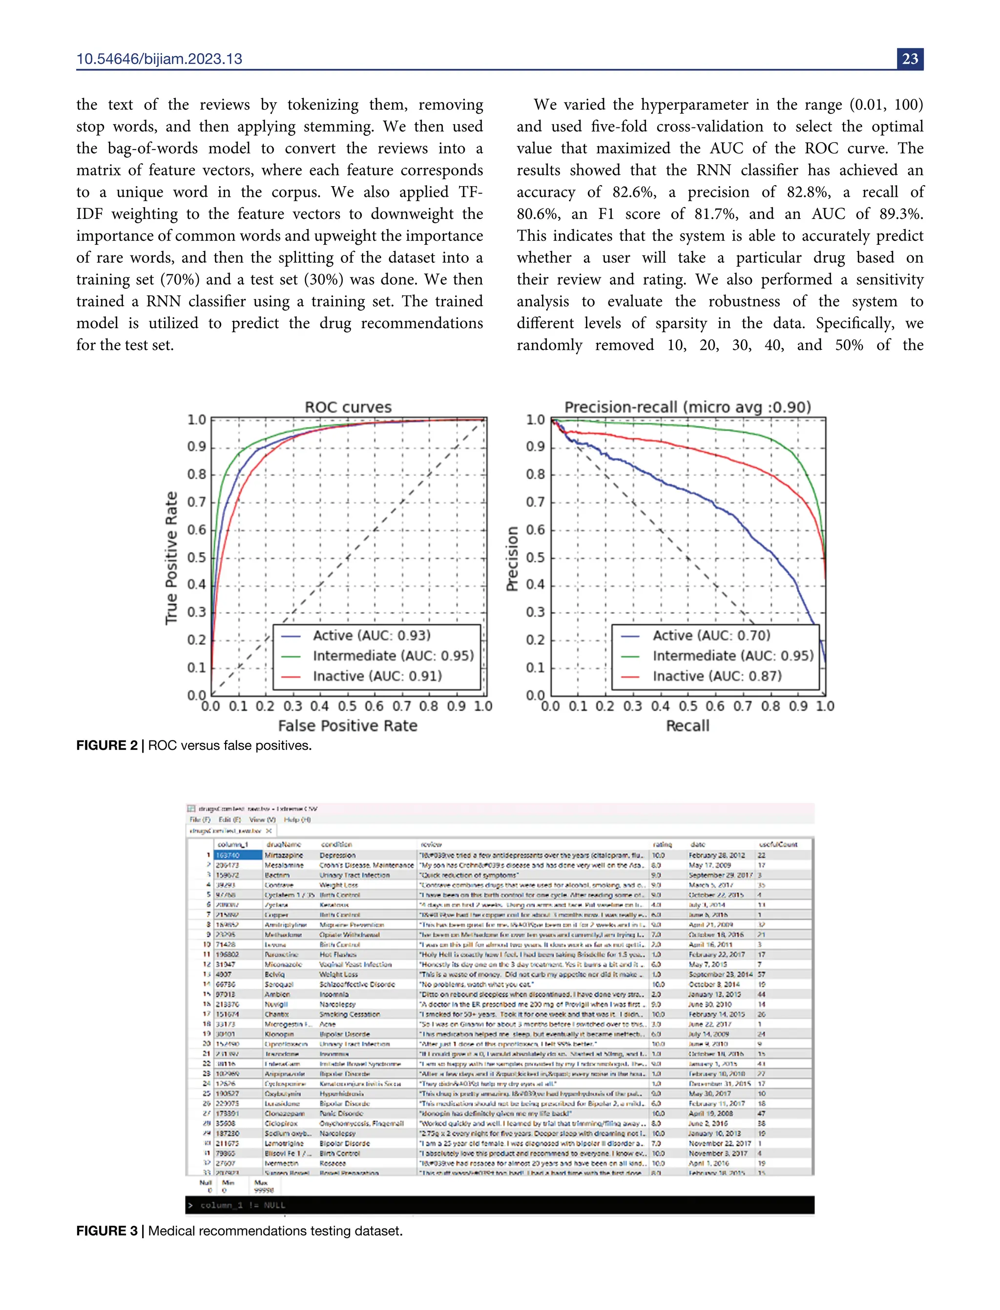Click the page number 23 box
pyautogui.click(x=910, y=59)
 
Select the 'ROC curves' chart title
pyautogui.click(x=348, y=407)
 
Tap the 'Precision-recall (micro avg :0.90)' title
pyautogui.click(x=687, y=407)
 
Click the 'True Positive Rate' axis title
pyautogui.click(x=171, y=558)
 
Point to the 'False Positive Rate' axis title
pyautogui.click(x=348, y=725)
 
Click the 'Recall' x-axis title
pyautogui.click(x=687, y=725)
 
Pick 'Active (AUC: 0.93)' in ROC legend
pyautogui.click(x=372, y=635)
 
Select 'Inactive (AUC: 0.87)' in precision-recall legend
pyautogui.click(x=717, y=676)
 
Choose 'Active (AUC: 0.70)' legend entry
pyautogui.click(x=711, y=635)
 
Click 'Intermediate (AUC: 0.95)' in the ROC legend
pyautogui.click(x=393, y=655)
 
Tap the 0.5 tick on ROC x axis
pyautogui.click(x=347, y=706)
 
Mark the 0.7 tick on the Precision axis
pyautogui.click(x=535, y=502)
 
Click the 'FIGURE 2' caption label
pyautogui.click(x=106, y=745)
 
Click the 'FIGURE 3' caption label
pyautogui.click(x=106, y=1231)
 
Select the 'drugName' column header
pyautogui.click(x=283, y=845)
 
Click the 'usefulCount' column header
pyautogui.click(x=778, y=845)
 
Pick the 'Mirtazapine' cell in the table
pyautogui.click(x=284, y=855)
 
